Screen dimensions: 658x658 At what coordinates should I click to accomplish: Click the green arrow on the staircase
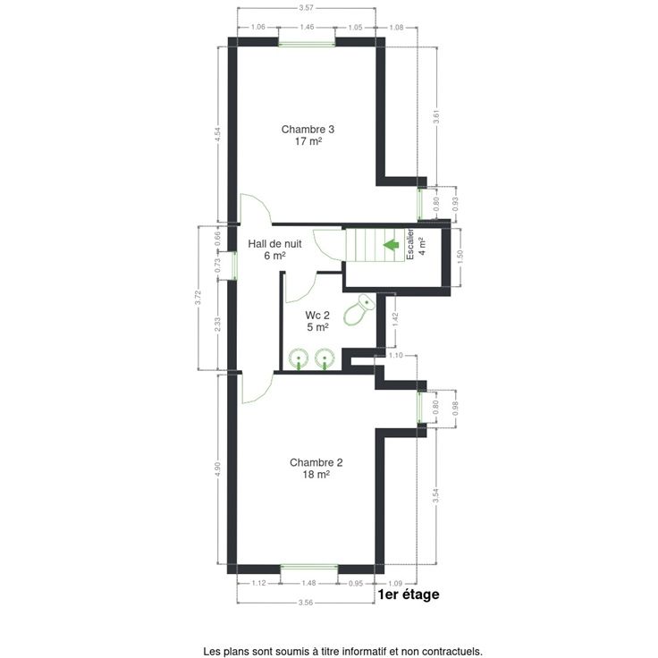pyautogui.click(x=391, y=245)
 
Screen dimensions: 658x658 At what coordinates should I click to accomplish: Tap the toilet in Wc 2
pyautogui.click(x=359, y=310)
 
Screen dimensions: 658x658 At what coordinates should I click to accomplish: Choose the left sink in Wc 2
pyautogui.click(x=299, y=359)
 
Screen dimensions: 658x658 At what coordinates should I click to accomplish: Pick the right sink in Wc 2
pyautogui.click(x=325, y=359)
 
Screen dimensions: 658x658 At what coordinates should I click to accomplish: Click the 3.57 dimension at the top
pyautogui.click(x=306, y=7)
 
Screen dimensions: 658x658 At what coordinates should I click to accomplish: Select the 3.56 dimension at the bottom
pyautogui.click(x=306, y=603)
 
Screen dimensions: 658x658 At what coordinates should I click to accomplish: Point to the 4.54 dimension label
pyautogui.click(x=217, y=134)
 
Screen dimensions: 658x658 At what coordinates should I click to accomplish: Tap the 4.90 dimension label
pyautogui.click(x=217, y=469)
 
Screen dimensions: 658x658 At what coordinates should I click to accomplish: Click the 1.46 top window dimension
pyautogui.click(x=307, y=27)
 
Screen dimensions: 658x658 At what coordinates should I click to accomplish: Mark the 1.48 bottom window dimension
pyautogui.click(x=308, y=583)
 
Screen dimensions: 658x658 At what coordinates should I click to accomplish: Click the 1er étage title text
pyautogui.click(x=409, y=595)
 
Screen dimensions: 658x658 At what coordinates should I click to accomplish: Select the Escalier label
pyautogui.click(x=410, y=244)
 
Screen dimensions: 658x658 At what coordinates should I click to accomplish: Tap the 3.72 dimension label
pyautogui.click(x=198, y=298)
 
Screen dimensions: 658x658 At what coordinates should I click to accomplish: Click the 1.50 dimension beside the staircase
pyautogui.click(x=460, y=257)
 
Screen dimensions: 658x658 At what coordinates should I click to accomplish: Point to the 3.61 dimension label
pyautogui.click(x=436, y=117)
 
